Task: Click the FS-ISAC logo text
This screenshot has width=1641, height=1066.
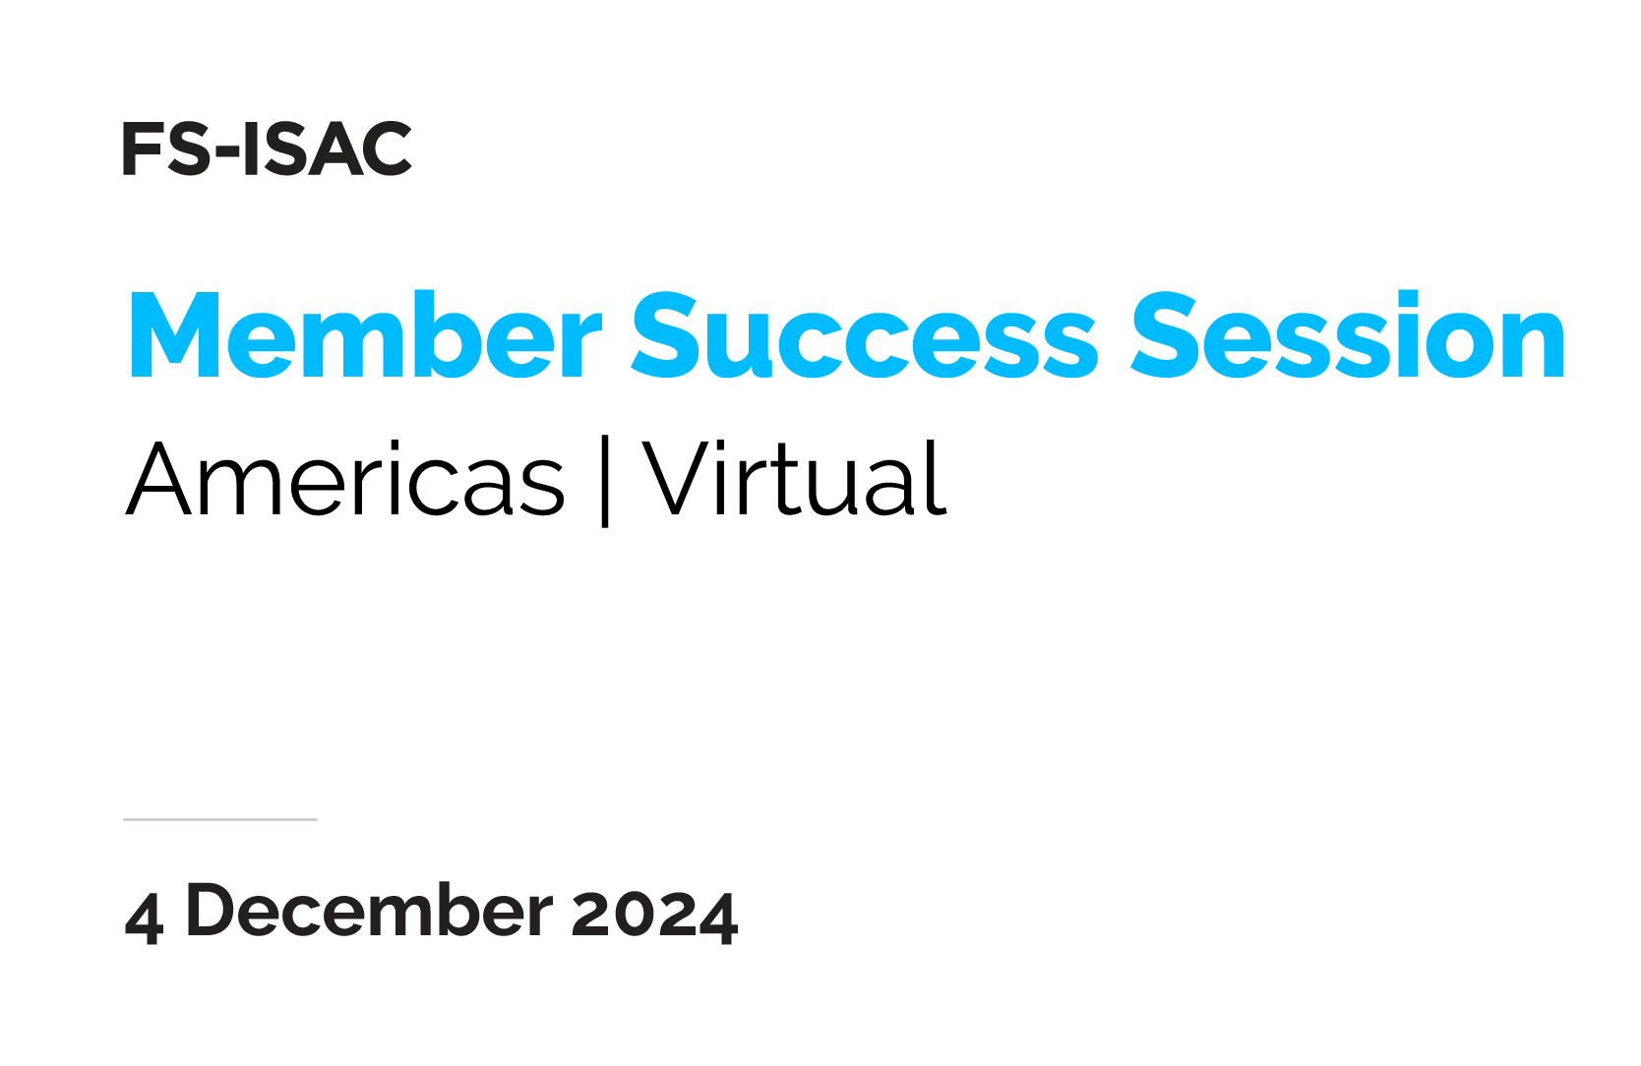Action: click(268, 148)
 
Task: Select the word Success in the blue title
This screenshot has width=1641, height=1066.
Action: click(865, 335)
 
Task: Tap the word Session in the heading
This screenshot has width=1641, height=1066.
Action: click(1347, 335)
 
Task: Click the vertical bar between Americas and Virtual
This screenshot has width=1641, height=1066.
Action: click(605, 481)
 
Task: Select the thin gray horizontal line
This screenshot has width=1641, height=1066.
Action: click(219, 819)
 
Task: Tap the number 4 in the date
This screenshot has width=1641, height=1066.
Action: click(144, 918)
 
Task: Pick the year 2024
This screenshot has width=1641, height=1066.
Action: click(654, 916)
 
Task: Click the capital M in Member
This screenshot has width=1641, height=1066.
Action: click(174, 335)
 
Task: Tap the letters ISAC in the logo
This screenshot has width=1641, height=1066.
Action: click(327, 148)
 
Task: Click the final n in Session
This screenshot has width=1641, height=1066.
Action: click(1530, 345)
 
